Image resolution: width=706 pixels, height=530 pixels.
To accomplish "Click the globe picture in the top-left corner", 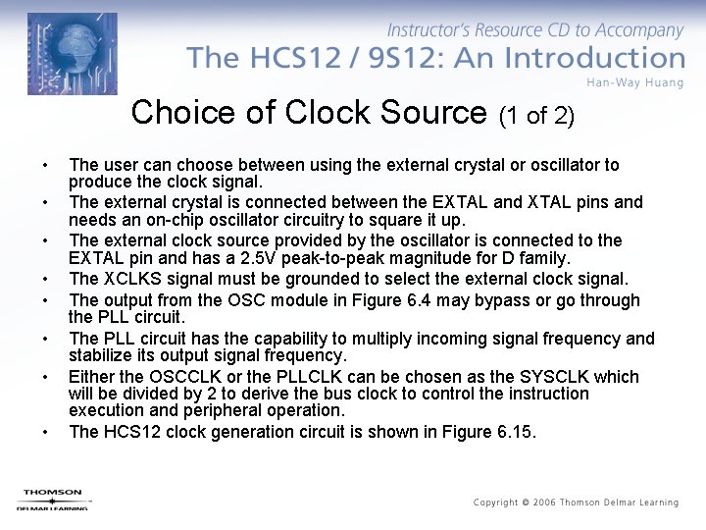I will point(72,54).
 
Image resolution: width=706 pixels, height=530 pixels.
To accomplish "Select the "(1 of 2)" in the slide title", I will point(536,117).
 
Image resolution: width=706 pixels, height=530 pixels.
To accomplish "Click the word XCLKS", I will point(131,280).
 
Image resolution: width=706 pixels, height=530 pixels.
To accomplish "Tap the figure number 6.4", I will point(442,300).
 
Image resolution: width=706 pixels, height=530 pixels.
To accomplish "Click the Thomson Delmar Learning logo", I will point(52,500).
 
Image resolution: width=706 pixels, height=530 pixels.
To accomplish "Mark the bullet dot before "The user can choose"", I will point(44,165).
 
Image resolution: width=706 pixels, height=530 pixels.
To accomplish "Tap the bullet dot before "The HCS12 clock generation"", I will point(44,432).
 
